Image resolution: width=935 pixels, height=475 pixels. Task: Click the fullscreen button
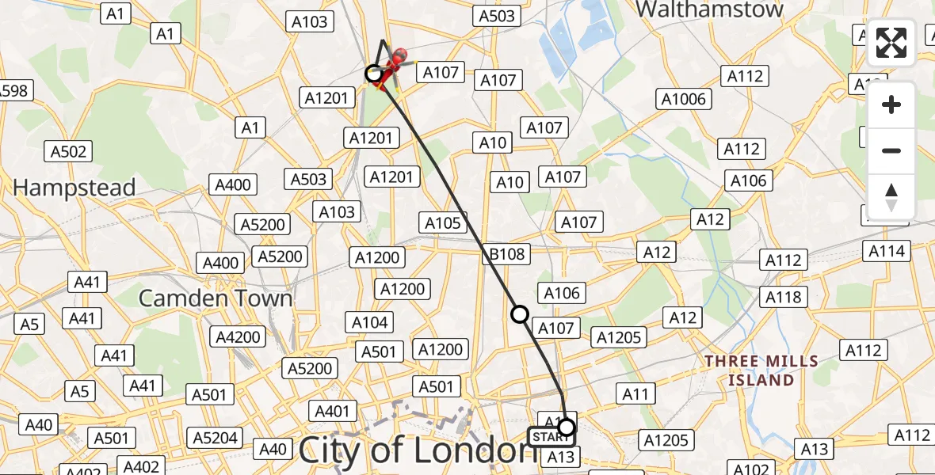[x=891, y=43]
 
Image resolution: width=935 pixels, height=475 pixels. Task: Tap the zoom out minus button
[x=891, y=150]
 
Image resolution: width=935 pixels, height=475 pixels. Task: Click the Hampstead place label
[x=74, y=188]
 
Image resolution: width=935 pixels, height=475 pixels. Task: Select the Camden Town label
[x=216, y=298]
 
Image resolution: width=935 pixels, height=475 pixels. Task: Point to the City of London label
[x=417, y=450]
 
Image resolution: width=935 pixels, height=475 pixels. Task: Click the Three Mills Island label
[x=761, y=370]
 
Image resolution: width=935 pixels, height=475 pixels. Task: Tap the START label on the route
[x=548, y=436]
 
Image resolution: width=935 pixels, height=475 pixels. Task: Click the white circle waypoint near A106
[x=520, y=314]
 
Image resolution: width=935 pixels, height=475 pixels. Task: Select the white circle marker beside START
[x=566, y=428]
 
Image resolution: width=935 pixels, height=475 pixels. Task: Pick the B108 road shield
[x=506, y=254]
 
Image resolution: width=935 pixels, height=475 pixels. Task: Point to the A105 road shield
[x=443, y=223]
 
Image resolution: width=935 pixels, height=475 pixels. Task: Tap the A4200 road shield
[x=239, y=337]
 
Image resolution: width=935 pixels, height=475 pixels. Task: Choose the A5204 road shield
[x=215, y=438]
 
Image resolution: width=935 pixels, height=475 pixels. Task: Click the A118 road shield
[x=784, y=297]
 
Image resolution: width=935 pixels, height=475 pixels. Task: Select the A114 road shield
[x=887, y=251]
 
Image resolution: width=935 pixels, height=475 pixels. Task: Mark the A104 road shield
[x=370, y=322]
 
